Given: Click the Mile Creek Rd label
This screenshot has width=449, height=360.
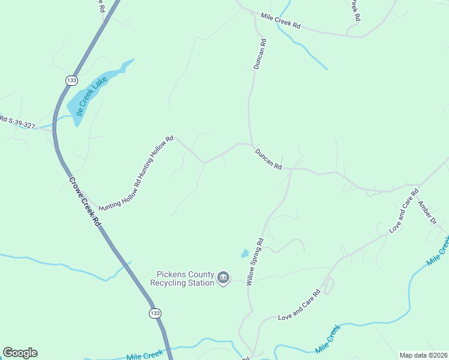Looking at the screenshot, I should point(280,23).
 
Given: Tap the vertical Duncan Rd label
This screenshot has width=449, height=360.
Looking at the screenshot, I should point(259,54).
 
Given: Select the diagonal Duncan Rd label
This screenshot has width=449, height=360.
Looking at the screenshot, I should point(268,158).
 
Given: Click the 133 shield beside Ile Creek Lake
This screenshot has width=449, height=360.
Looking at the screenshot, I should point(72,80).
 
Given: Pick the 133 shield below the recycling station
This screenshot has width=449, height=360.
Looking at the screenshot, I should point(155,313).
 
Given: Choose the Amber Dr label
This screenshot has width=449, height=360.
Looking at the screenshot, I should point(427,212).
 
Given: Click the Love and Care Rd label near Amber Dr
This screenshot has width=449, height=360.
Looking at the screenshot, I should point(403,211).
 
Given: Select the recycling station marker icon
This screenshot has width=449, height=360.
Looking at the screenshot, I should point(223,278).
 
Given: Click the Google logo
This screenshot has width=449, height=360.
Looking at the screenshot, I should point(20,353).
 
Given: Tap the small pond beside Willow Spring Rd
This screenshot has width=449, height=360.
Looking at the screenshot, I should point(244,254).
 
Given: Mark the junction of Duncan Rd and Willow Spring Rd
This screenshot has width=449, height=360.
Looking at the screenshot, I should point(291,169).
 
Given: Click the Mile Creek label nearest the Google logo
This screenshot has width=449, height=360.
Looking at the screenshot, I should point(145,355).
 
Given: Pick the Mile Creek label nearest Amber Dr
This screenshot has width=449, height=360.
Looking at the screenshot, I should point(437,252).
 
